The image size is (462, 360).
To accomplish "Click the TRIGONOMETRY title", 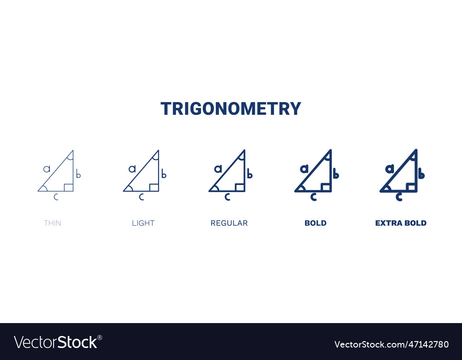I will coord(231,109).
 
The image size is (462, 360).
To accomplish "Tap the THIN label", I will coord(52,223).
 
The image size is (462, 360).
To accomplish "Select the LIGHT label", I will coord(143,223).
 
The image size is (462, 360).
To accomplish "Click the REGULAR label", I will coord(229,223).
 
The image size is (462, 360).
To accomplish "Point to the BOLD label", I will coord(316,223).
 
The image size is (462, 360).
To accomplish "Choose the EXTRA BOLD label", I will coord(401,223).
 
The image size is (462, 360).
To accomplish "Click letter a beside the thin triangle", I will coord(47,169).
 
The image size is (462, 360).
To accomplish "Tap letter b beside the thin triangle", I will coord(79,174).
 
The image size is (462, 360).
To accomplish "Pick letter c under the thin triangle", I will coord(56,198).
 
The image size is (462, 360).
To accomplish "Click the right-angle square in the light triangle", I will coord(154,187).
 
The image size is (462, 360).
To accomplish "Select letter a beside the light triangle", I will coord(132,169).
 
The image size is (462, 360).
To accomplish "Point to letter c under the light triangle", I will coord(141,198).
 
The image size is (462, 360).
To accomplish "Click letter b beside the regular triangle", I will coord(249,174).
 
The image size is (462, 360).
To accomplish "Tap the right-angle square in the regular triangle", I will coord(239,187).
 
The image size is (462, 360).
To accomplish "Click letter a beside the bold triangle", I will coord(304,169).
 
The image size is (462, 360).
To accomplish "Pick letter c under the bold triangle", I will coord(313,198).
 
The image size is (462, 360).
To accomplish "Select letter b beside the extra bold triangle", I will coord(421,174).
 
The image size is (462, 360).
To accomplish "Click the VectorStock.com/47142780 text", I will coord(391,344).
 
